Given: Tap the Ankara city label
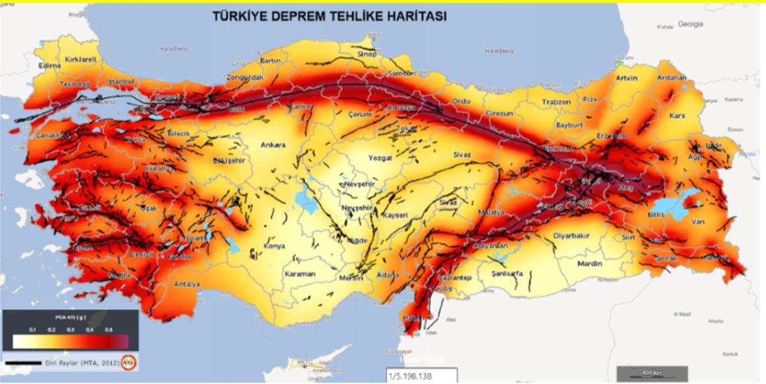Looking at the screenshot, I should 273,145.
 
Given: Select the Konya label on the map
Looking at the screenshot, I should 274,246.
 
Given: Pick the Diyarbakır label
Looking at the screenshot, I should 571,235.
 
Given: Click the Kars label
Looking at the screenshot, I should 677,116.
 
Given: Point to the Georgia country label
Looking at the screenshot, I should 691,24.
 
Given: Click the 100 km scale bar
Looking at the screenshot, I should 651,372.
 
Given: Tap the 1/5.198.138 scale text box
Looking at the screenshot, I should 421,376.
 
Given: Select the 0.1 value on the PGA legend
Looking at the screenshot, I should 33,329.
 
